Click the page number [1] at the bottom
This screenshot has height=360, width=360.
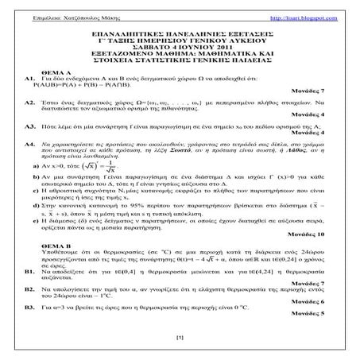click(x=180, y=340)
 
